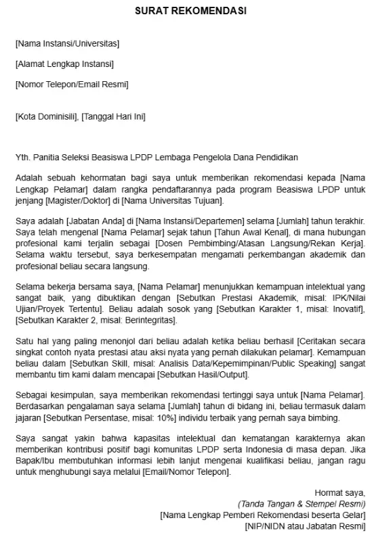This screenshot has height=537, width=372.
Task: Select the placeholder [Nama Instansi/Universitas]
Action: [x=67, y=44]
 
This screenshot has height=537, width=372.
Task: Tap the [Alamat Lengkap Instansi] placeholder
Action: [x=64, y=64]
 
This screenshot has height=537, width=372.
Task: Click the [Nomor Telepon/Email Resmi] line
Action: [x=71, y=85]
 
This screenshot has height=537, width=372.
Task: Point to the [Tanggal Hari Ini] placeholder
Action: [x=113, y=116]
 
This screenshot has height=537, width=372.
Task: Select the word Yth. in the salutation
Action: [x=22, y=157]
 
